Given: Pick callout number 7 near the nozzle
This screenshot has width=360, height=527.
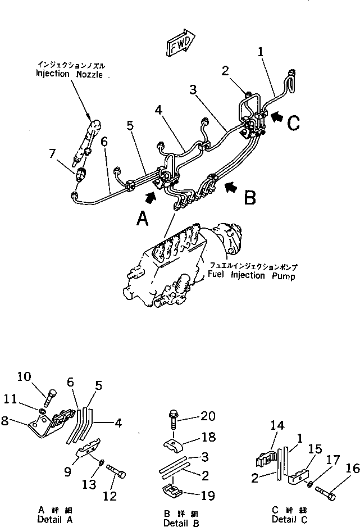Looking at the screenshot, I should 52,153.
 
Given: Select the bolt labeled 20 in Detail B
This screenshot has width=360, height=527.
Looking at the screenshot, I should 173,417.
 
